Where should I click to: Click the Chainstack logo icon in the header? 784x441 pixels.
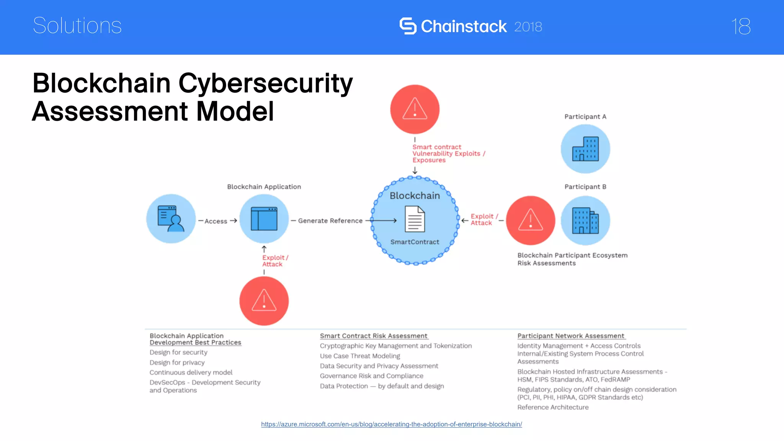408,26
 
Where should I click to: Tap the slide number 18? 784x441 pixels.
741,26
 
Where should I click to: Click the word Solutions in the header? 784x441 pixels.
77,26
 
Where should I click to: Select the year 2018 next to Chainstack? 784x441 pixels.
528,27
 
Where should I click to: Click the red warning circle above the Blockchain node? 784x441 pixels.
415,109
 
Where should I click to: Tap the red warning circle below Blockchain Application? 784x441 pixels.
264,301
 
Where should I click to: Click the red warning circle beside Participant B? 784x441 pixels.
530,220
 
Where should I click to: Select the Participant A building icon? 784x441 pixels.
585,149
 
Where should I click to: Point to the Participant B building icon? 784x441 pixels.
585,220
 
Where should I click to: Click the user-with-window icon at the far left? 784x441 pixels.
171,219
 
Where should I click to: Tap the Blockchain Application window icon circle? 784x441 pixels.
264,219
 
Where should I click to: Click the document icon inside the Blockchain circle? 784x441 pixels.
415,219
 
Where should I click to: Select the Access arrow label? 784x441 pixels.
216,221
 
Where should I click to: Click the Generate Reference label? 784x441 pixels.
330,221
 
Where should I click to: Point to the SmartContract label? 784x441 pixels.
415,242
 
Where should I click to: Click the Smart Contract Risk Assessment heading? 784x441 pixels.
373,336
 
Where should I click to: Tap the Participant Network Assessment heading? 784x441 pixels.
570,336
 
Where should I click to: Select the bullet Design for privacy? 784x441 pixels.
177,363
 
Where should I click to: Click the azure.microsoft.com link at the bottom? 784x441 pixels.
391,424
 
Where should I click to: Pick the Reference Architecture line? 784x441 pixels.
553,407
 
